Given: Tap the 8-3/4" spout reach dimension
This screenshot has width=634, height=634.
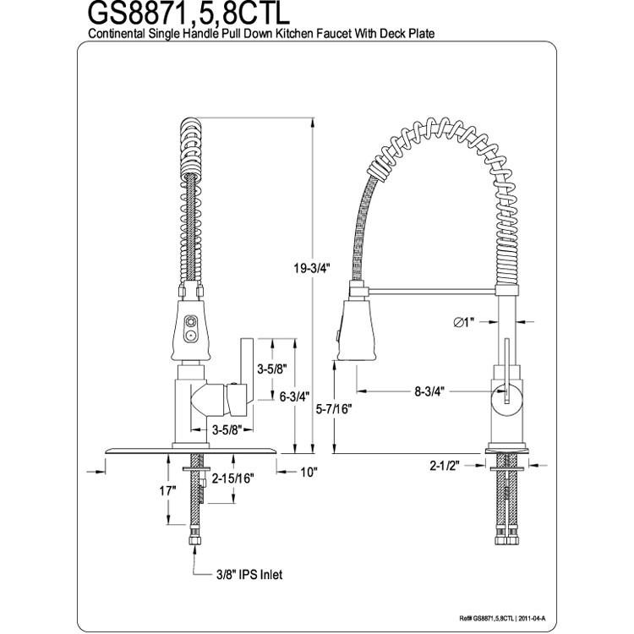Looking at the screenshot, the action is coord(429,391).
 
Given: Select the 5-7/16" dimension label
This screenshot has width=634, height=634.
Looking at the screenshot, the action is coord(334,409).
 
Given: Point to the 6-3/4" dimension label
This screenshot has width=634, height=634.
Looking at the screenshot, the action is coord(294,396).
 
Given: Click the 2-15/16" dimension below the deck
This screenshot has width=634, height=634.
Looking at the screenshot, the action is coord(233,478).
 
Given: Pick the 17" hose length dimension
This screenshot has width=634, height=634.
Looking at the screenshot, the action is coord(168,491).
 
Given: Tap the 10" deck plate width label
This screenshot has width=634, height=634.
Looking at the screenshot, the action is coord(309,472).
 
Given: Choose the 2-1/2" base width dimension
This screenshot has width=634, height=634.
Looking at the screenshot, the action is coord(445,466).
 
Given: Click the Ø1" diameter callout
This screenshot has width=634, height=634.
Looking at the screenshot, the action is coord(463,322).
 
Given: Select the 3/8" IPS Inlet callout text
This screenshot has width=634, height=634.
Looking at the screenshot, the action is coord(249,574).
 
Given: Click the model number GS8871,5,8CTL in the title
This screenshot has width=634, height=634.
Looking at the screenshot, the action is coord(189,14).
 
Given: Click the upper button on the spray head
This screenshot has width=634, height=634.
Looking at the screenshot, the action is coord(189,321).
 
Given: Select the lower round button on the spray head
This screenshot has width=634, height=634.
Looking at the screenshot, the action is coord(189,336).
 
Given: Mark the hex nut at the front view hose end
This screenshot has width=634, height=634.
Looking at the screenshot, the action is coord(196,541).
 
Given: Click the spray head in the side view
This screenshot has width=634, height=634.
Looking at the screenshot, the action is coord(355,330).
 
